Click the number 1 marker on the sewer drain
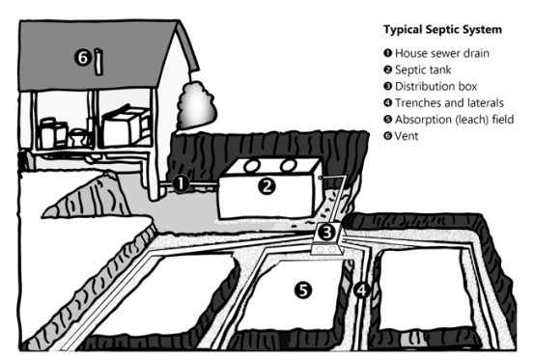[x=181, y=182]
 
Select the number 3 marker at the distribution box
[x=327, y=232]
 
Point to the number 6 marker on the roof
[x=83, y=59]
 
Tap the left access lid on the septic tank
[x=250, y=165]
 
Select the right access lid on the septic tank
[x=286, y=165]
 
